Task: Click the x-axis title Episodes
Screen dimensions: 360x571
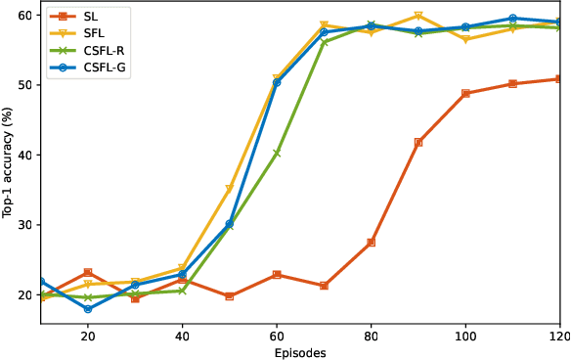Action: tap(299, 352)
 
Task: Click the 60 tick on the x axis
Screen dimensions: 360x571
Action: tap(277, 335)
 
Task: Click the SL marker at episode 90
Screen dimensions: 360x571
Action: tap(418, 142)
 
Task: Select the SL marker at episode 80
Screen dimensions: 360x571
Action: tap(371, 243)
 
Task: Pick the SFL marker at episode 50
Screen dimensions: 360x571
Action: tap(230, 189)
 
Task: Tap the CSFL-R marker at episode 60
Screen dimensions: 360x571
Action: tap(277, 153)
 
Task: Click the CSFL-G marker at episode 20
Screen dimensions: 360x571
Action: tap(88, 309)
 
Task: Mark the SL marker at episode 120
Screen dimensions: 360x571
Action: tap(559, 79)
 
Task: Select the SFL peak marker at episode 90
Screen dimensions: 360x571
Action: tap(418, 16)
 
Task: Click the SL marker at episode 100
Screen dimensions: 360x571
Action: tap(465, 93)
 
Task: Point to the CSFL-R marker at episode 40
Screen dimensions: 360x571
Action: tap(182, 291)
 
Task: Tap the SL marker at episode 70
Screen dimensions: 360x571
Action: tap(324, 286)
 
